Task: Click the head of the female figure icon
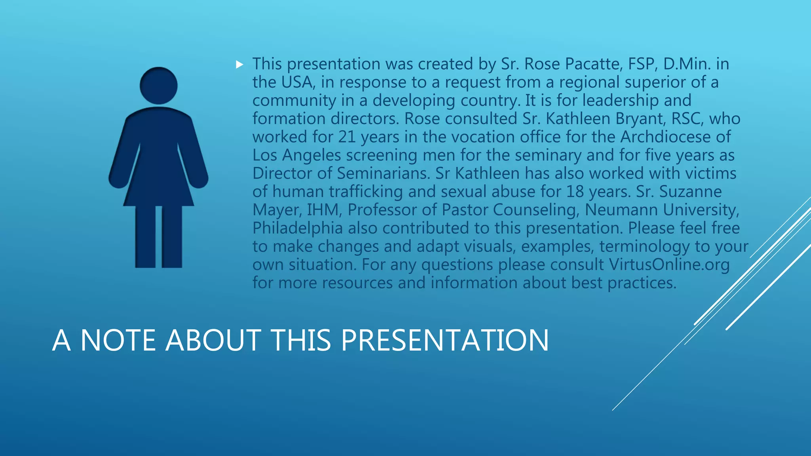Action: [x=158, y=85]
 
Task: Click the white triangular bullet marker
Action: [x=239, y=65]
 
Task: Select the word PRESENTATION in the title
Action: [x=445, y=340]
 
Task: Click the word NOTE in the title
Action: [x=118, y=340]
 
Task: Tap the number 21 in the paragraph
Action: [x=347, y=137]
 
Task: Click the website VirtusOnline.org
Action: [x=669, y=264]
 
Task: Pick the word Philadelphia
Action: [x=298, y=228]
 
